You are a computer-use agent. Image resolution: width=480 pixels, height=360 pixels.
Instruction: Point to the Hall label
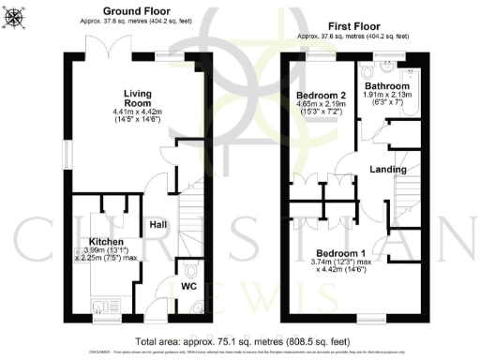point(157,224)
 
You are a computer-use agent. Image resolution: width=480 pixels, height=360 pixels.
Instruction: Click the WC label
point(188,285)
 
